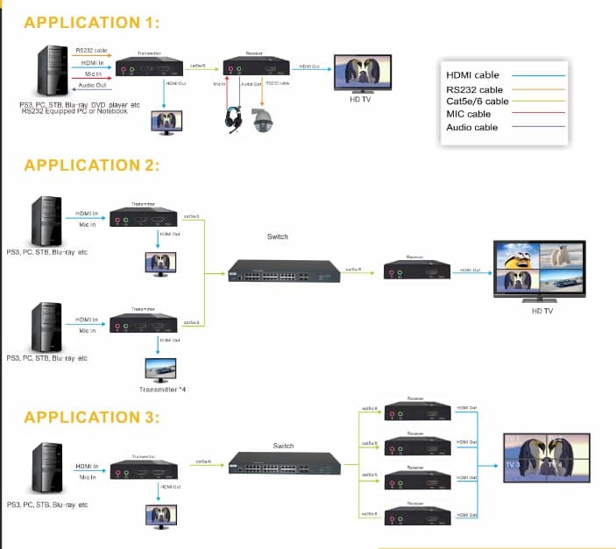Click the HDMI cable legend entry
(473, 75)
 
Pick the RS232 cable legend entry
(474, 89)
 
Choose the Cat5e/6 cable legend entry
(477, 102)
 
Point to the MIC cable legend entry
(468, 114)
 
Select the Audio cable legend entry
(471, 127)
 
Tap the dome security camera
(262, 120)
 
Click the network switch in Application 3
(283, 463)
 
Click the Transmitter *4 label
(162, 389)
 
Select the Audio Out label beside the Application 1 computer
(94, 85)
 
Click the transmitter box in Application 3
(145, 469)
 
